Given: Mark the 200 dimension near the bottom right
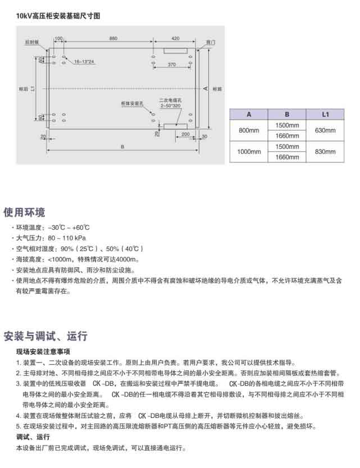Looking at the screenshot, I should point(185,135).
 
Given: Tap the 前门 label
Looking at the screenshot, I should point(210,42).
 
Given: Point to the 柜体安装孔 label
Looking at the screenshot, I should point(133,103).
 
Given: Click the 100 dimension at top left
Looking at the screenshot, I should point(58,38).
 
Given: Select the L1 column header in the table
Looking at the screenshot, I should point(324,113).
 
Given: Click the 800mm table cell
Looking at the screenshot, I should point(249,130).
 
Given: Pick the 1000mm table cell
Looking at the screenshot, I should point(249,152).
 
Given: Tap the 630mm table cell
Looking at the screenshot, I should point(324,130).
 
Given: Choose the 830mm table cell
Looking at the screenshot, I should point(324,152).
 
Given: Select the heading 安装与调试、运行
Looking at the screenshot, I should point(45,337).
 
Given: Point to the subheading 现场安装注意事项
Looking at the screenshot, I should point(43,352).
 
